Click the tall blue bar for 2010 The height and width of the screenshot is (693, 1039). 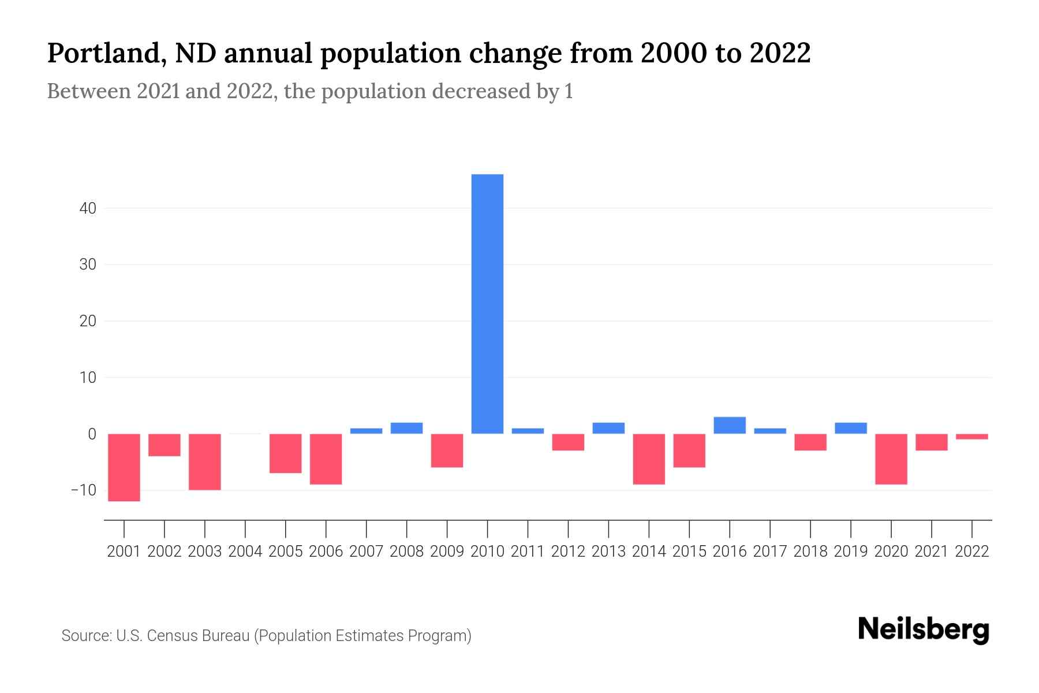coord(487,304)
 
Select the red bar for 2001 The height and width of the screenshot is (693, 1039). coord(124,467)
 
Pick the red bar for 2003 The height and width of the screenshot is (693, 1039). coord(205,461)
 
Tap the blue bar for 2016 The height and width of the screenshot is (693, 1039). coord(730,426)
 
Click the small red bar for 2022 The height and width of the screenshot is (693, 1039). coord(971,437)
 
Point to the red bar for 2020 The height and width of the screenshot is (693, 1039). coord(891,459)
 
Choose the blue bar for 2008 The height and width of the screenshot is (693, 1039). coord(406,428)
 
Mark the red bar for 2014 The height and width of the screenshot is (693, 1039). coord(649,459)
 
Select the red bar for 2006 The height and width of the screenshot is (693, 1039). coord(326,459)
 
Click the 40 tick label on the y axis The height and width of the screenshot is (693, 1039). coord(88,208)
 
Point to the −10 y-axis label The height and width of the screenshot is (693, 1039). coord(84,490)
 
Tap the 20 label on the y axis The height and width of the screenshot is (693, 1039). coord(88,321)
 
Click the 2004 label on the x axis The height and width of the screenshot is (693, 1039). coord(245,552)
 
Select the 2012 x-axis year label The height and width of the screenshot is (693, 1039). coord(568,552)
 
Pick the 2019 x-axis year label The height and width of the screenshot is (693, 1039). coord(851,552)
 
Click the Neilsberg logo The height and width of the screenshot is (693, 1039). coord(923,630)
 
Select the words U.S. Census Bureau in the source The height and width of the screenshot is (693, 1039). coord(183,636)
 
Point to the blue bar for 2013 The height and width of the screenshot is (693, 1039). coord(608,428)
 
